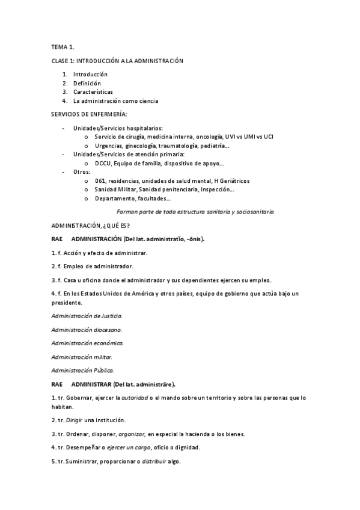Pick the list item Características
coord(93,92)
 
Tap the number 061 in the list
coord(100,180)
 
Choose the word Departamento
coord(114,198)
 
